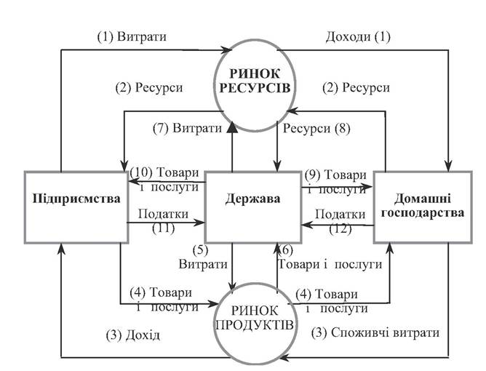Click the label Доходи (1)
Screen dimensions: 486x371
358,37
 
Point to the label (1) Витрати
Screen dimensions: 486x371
132,37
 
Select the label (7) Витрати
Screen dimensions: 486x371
188,128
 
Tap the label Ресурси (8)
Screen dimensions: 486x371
316,128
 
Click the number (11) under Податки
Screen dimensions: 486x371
164,228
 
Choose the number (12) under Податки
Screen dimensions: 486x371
340,229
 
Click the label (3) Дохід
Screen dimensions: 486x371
133,335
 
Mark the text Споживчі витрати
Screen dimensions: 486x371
386,332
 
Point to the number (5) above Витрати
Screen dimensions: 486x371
201,250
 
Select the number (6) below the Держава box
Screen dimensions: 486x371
285,250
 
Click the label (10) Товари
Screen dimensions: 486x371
164,172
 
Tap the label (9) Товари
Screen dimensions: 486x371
335,175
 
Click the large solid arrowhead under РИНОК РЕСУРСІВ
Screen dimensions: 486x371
232,128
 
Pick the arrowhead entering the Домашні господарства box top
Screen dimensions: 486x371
448,166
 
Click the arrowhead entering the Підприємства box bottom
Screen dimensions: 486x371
61,249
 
